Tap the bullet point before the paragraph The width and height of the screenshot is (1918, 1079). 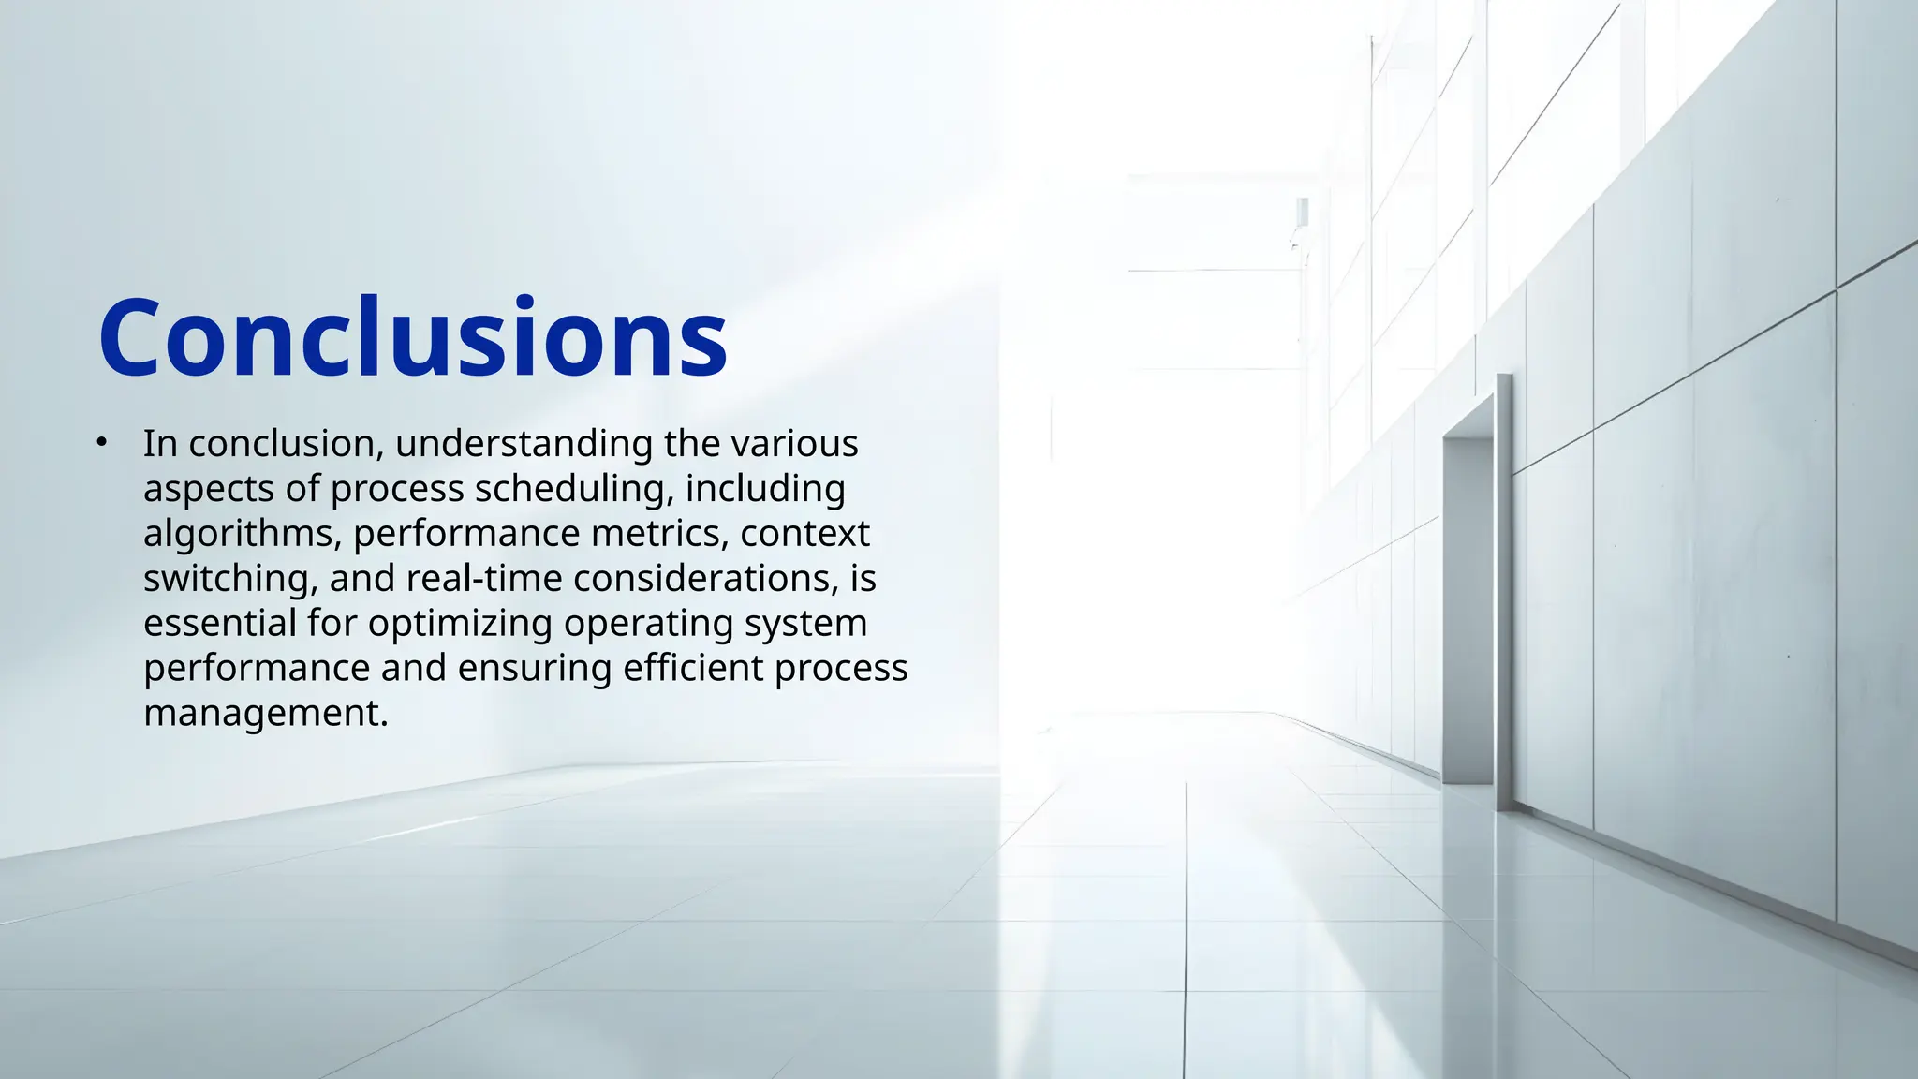[102, 442]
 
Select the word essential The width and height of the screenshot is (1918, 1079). [219, 624]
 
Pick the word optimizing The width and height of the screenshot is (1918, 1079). [460, 624]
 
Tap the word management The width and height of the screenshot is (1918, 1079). [265, 714]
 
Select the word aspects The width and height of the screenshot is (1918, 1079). [208, 489]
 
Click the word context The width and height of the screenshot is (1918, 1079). [804, 534]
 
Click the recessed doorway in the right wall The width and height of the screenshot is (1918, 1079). [1468, 609]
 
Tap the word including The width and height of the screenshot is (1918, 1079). [765, 489]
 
